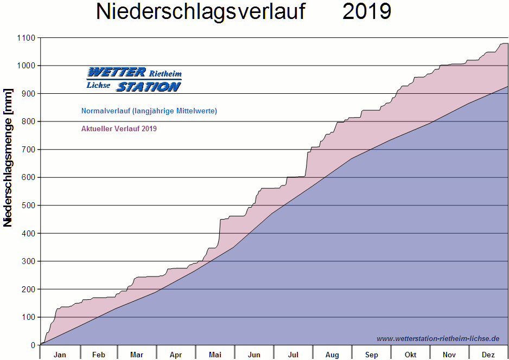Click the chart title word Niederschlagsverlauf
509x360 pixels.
[x=200, y=11]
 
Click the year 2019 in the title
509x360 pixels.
[x=367, y=11]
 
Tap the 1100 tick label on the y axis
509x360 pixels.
[x=26, y=38]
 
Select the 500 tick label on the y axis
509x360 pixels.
[x=28, y=205]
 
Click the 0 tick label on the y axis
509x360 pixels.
[x=32, y=345]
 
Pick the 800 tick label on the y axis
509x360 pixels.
[x=28, y=121]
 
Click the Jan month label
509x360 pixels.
[x=60, y=355]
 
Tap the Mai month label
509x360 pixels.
[x=215, y=355]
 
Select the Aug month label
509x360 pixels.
[x=332, y=355]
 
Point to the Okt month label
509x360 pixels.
[x=410, y=355]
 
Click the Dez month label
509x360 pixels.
[x=488, y=355]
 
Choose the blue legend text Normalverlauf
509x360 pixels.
[x=149, y=111]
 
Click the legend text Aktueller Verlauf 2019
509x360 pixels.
[x=119, y=129]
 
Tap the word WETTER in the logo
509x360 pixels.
[x=117, y=73]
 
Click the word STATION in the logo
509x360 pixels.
[x=148, y=87]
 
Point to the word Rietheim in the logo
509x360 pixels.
[x=166, y=74]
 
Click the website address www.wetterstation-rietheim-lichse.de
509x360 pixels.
[x=438, y=338]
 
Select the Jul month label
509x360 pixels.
[x=293, y=355]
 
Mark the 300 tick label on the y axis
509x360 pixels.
[x=28, y=261]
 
